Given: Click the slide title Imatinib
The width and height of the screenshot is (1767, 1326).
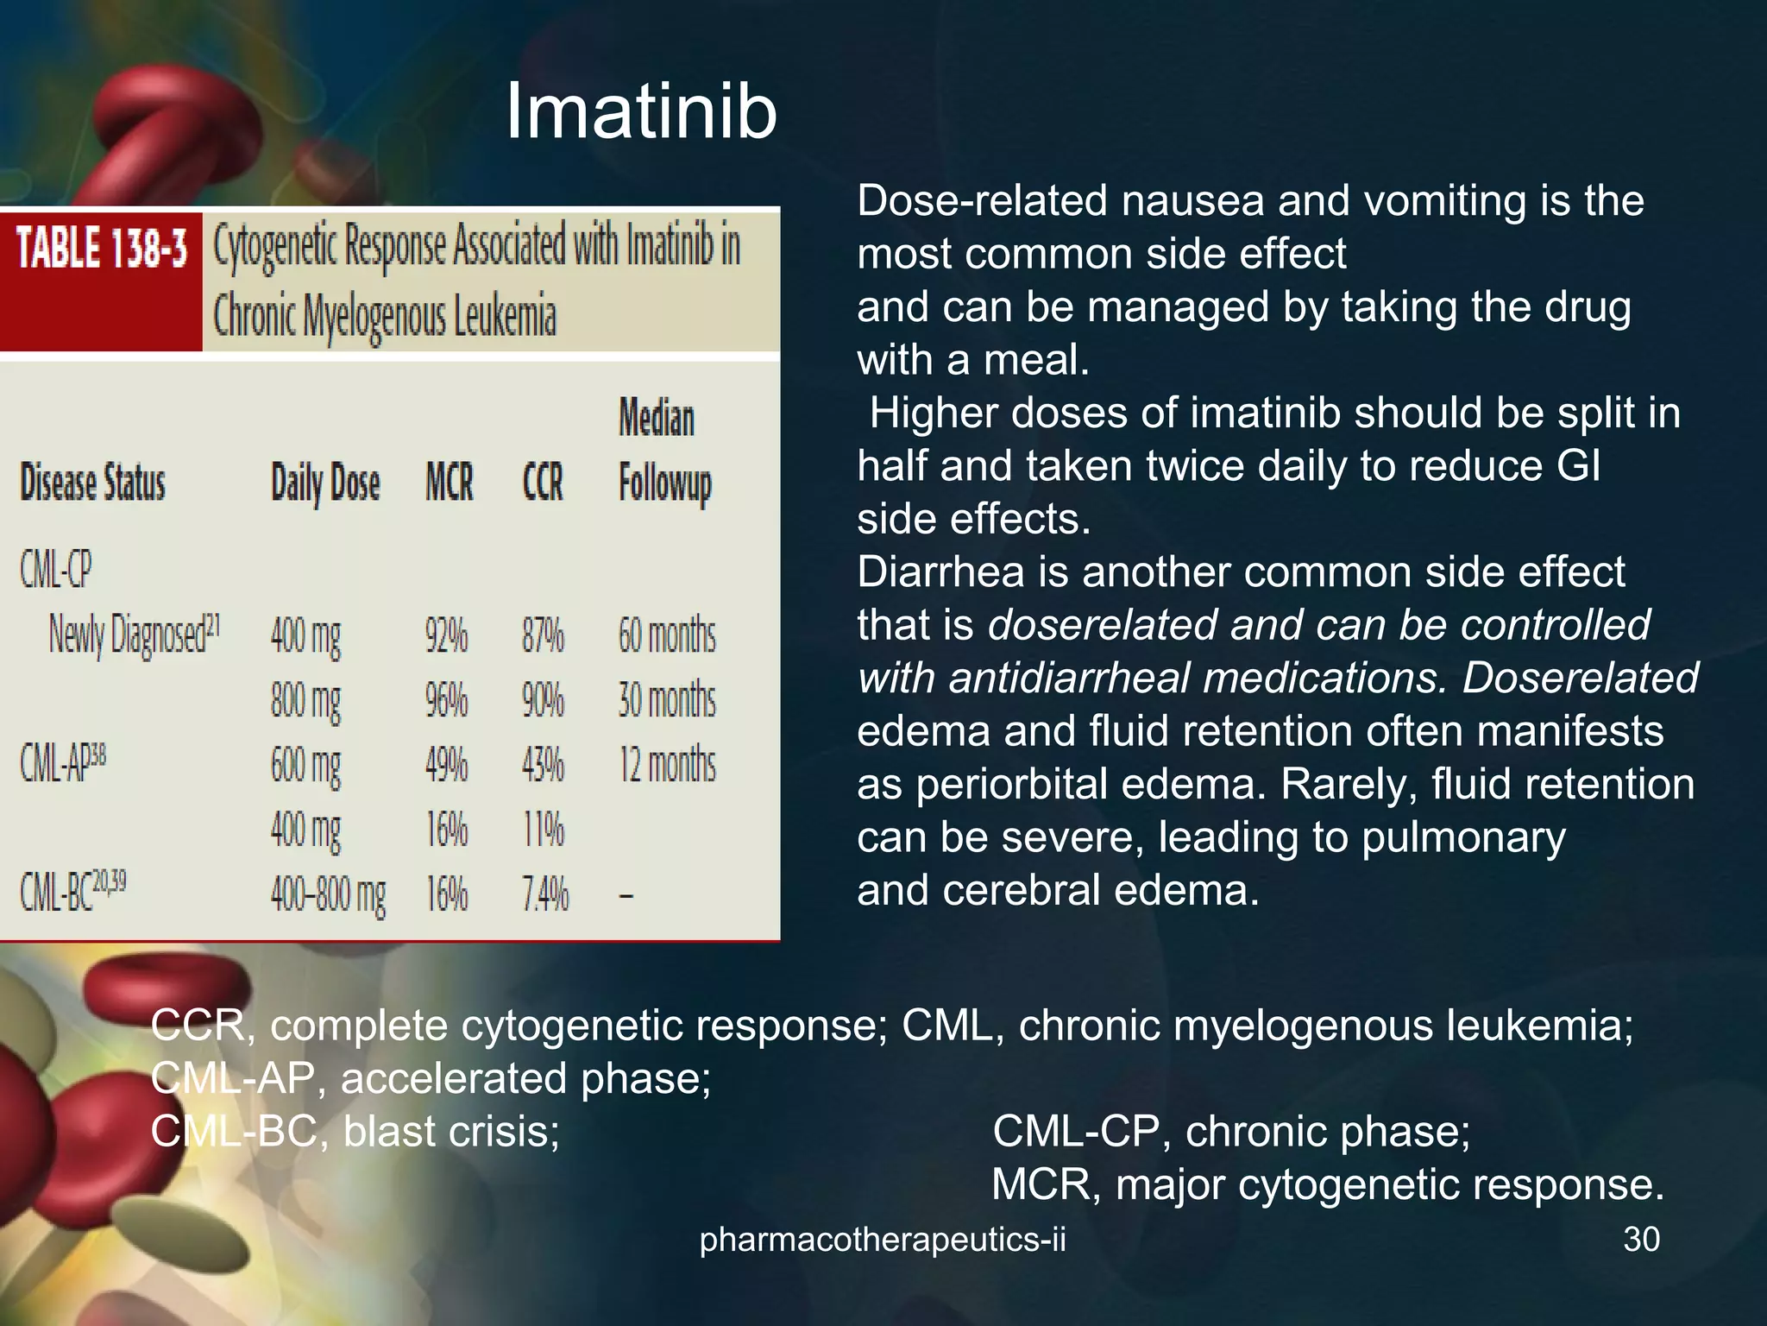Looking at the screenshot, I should (640, 113).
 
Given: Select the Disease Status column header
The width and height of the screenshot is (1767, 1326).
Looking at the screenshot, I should (92, 483).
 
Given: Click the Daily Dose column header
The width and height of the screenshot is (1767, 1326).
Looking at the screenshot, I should (325, 483).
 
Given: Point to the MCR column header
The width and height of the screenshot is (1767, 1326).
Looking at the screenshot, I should (449, 483).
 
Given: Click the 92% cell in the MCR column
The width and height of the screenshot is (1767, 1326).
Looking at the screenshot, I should (446, 636).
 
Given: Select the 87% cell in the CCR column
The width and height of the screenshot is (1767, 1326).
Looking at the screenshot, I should (543, 636).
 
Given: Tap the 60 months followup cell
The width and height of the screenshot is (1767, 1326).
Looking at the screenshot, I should (666, 636).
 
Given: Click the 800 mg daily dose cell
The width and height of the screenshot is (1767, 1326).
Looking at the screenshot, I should (305, 700).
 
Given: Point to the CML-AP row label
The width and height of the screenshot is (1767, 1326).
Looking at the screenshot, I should (63, 763).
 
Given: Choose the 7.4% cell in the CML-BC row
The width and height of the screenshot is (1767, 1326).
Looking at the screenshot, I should (545, 893).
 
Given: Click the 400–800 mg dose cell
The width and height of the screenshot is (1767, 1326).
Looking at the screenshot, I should (328, 894).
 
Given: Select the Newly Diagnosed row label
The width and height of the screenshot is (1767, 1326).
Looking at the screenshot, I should (133, 635).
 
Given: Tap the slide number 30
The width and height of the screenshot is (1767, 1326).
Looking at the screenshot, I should (1641, 1240).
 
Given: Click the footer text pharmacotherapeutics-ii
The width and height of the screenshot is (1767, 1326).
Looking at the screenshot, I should (882, 1240).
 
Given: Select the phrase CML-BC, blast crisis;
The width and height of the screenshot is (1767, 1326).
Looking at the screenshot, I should (355, 1131).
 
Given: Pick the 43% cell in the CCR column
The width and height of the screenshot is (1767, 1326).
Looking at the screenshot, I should (543, 765).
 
